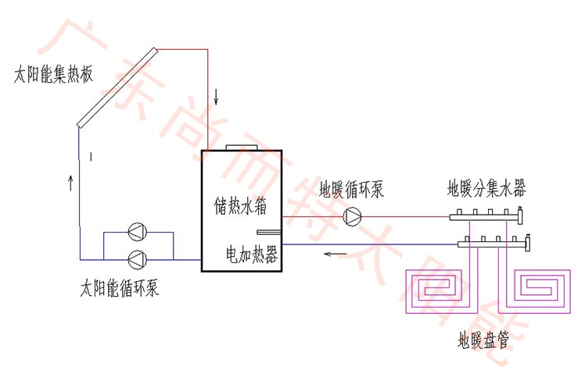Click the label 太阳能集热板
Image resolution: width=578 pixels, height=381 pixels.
pyautogui.click(x=53, y=76)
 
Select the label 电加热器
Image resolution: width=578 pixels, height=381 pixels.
pyautogui.click(x=252, y=255)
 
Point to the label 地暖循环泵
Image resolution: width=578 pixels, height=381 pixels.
pyautogui.click(x=352, y=190)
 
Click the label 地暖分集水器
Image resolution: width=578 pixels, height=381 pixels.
pyautogui.click(x=486, y=188)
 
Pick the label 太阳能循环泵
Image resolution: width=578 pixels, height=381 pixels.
pyautogui.click(x=120, y=288)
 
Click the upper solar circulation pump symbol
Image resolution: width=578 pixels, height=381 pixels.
pyautogui.click(x=138, y=232)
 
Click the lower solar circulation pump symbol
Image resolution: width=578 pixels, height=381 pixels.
pyautogui.click(x=138, y=258)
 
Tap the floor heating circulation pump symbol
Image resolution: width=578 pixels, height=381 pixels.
pyautogui.click(x=352, y=215)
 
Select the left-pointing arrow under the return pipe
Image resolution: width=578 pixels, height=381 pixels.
pyautogui.click(x=336, y=254)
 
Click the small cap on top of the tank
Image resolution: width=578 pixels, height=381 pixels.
pyautogui.click(x=235, y=147)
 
